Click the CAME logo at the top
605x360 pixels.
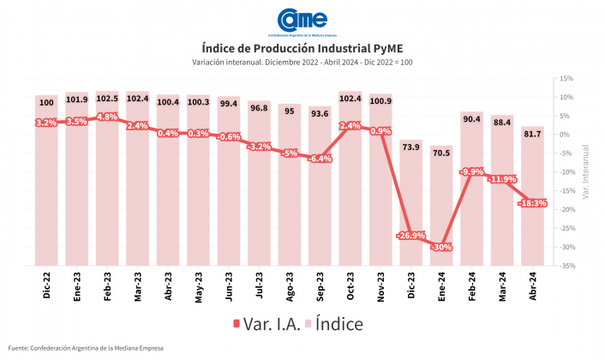click(302, 20)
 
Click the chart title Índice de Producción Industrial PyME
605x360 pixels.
click(302, 47)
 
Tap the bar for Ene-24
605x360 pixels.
click(441, 206)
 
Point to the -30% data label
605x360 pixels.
click(441, 247)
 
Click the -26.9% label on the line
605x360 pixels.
click(411, 235)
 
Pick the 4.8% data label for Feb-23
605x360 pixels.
click(108, 117)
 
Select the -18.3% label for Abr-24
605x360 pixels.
click(532, 203)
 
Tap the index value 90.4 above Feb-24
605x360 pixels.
click(472, 119)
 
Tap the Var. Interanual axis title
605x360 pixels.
click(584, 171)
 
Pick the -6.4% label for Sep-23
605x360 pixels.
click(320, 159)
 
